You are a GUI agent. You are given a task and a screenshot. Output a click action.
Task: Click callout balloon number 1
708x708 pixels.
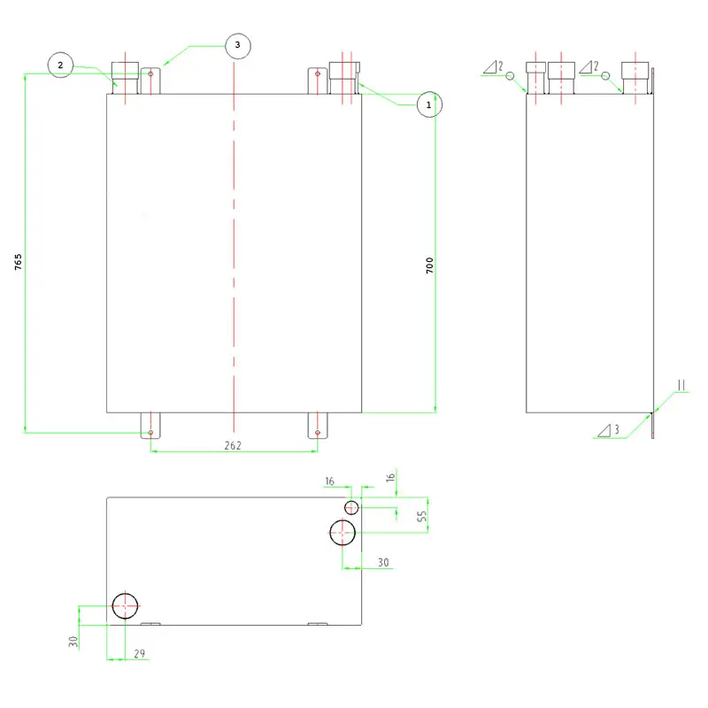click(429, 104)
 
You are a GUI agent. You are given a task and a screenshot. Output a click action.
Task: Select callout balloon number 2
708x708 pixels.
click(60, 65)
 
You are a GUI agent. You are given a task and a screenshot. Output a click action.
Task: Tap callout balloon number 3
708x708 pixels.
click(238, 46)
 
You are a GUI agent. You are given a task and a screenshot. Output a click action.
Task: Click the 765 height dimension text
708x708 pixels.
click(18, 262)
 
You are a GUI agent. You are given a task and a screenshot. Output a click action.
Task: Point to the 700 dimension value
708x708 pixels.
click(429, 265)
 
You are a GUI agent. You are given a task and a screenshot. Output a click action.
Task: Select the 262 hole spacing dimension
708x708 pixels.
click(233, 446)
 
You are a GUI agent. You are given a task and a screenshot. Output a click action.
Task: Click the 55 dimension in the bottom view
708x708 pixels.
click(422, 516)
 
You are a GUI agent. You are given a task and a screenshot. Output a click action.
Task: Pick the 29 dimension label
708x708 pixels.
click(140, 653)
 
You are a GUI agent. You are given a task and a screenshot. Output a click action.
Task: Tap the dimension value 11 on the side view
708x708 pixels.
click(681, 385)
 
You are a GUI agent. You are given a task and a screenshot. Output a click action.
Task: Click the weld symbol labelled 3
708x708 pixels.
click(608, 430)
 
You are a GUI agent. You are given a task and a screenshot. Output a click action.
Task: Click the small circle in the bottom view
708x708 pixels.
click(351, 507)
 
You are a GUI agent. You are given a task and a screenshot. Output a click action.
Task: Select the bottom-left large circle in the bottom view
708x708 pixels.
click(125, 606)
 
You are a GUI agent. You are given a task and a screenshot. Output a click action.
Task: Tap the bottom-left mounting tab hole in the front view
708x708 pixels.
click(150, 433)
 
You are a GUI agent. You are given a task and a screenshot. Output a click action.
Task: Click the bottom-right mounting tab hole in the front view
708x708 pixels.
click(318, 433)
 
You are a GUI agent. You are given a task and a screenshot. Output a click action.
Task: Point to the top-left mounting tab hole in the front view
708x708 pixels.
click(150, 73)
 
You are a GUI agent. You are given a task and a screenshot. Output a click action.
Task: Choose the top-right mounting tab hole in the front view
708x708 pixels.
click(318, 73)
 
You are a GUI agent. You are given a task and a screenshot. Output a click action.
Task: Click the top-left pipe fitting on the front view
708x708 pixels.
click(125, 78)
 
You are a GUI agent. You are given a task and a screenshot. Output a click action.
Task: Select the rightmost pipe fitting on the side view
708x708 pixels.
click(635, 78)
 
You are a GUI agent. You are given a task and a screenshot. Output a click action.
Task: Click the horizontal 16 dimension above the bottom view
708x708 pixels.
click(329, 481)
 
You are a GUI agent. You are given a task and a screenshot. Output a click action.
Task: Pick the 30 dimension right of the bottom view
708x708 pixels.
click(383, 562)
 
